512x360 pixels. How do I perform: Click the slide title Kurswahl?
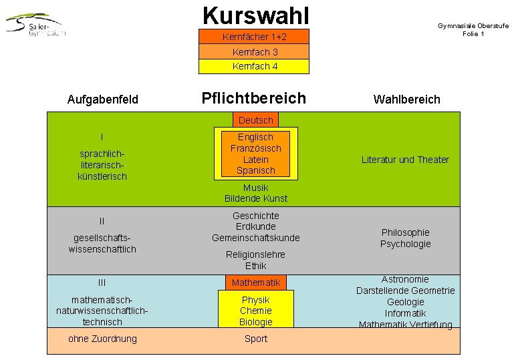[255, 14]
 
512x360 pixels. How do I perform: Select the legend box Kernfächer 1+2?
[254, 37]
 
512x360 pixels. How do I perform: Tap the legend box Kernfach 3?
[254, 52]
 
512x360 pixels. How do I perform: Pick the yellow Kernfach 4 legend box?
[254, 66]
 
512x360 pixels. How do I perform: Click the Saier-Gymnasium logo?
[36, 25]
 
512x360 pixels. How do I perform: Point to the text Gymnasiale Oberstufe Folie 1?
[473, 29]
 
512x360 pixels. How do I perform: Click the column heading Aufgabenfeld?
[103, 100]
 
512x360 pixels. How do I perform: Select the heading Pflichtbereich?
[253, 98]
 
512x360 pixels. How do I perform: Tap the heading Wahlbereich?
[406, 100]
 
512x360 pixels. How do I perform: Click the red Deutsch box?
[255, 120]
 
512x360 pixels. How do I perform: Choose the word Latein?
[255, 160]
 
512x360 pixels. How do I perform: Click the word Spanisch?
[255, 170]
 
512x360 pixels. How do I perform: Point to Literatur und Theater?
[405, 160]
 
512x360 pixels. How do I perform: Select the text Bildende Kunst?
[255, 198]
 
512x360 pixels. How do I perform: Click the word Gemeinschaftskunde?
[255, 238]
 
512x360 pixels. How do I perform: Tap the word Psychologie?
[405, 244]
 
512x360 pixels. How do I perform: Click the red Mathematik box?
[255, 283]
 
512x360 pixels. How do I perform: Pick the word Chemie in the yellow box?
[255, 311]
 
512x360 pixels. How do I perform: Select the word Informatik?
[405, 313]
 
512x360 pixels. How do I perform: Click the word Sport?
[255, 339]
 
